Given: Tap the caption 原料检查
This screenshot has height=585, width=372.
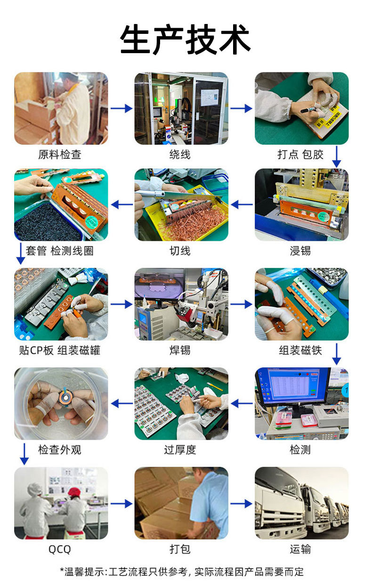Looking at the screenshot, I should click(60, 155).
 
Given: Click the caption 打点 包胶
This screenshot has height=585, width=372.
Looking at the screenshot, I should click(300, 155).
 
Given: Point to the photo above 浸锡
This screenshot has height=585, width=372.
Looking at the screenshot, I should click(301, 205).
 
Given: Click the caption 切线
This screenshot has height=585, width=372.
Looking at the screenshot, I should click(180, 251).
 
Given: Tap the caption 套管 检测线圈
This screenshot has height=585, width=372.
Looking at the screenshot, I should click(60, 251).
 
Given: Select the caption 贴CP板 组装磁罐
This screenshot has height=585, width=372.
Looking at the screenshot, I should click(60, 350).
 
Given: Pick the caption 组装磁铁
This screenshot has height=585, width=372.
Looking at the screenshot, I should click(300, 350).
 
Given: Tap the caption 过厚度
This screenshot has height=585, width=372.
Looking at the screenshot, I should click(180, 450).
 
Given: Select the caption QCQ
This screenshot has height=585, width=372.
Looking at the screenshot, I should click(60, 549).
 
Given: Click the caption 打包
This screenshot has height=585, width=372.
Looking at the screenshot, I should click(180, 549).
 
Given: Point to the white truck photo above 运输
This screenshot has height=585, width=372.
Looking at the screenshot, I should click(301, 503).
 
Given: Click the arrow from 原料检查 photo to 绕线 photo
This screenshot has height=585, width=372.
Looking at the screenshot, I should click(121, 108).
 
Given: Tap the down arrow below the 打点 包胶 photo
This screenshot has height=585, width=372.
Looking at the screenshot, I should click(336, 157).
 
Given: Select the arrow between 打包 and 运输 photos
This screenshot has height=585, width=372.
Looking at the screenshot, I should click(242, 503).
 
